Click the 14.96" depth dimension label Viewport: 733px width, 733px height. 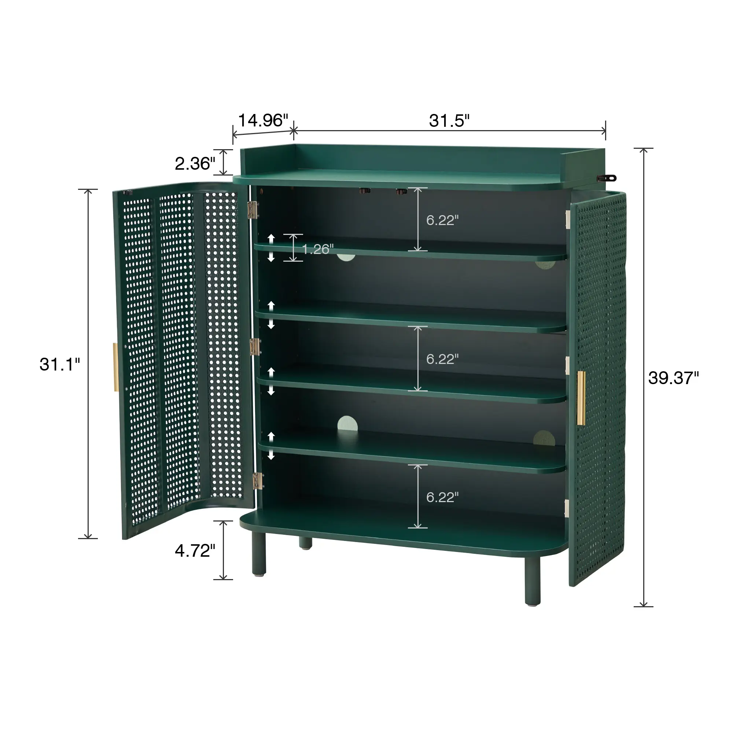click(263, 121)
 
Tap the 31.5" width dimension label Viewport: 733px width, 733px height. click(449, 121)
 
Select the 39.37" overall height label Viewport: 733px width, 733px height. click(673, 378)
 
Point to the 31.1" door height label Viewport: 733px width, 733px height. click(60, 364)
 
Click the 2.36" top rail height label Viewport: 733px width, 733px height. click(195, 163)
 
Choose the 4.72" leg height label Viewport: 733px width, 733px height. click(195, 550)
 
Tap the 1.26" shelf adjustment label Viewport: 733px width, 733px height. click(318, 249)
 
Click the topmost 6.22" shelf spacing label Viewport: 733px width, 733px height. click(442, 220)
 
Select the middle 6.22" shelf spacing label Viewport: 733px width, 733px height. click(442, 359)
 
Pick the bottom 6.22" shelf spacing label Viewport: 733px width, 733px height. click(442, 497)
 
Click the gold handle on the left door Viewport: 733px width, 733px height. click(116, 367)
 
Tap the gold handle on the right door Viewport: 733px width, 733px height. click(581, 398)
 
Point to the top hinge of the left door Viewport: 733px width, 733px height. click(253, 209)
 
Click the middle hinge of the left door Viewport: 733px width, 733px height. click(255, 346)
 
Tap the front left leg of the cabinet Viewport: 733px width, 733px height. click(259, 554)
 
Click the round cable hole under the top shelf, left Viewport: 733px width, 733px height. click(346, 257)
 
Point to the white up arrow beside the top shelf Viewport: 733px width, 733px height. click(271, 239)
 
